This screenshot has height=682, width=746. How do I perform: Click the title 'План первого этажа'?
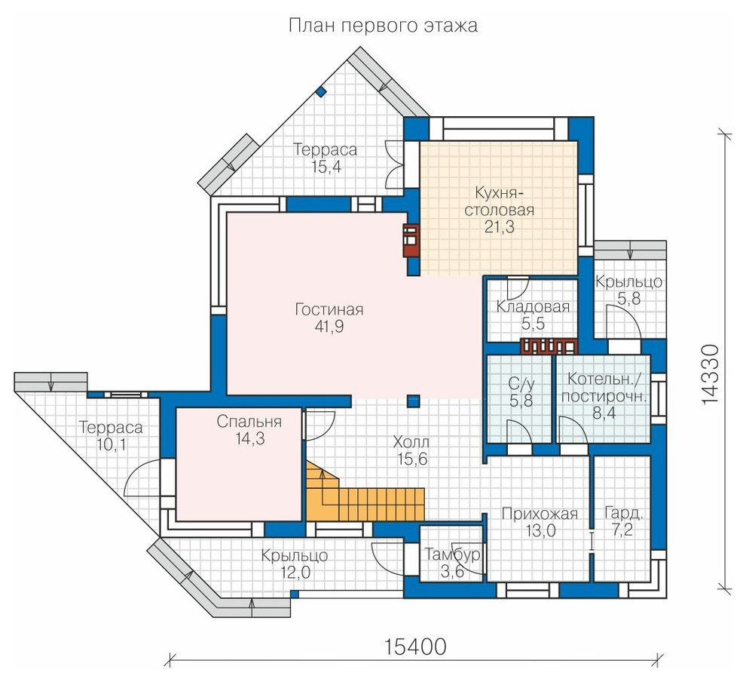tap(383, 26)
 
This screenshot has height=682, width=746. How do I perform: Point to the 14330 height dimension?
tap(710, 375)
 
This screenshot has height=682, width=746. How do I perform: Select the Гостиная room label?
tap(329, 309)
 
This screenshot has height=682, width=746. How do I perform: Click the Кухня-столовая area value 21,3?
tap(500, 227)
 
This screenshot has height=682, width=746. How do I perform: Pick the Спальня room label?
tap(249, 422)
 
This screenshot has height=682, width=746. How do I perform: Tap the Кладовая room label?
tap(533, 307)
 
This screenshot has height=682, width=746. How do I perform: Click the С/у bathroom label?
tap(521, 383)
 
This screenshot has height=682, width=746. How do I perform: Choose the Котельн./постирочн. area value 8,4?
tap(604, 413)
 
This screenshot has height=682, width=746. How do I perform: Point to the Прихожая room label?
tap(540, 514)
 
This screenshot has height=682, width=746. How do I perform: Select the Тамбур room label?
tap(452, 555)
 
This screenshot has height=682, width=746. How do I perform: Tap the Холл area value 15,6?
tap(413, 459)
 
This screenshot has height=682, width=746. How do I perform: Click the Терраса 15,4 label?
tap(326, 158)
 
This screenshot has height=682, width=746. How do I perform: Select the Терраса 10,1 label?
tap(111, 435)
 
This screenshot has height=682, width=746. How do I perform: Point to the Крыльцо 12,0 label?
tap(295, 564)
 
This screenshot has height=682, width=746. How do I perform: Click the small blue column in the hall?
tap(414, 401)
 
